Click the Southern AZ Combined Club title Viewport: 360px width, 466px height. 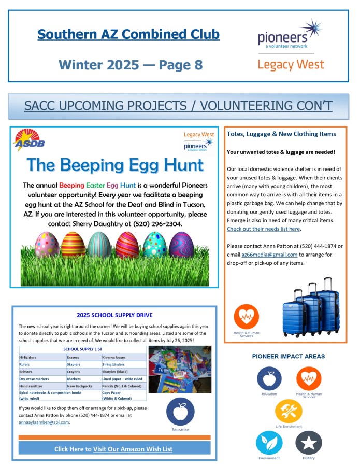[x=128, y=35]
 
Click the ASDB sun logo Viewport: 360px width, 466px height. [x=29, y=140]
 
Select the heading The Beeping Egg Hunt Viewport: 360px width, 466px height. [x=115, y=165]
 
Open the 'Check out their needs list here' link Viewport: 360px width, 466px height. [x=263, y=229]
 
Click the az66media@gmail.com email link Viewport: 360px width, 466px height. [x=269, y=255]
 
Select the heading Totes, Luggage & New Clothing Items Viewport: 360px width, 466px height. [x=281, y=134]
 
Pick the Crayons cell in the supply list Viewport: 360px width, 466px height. [x=74, y=372]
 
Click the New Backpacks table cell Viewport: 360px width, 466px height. [x=79, y=386]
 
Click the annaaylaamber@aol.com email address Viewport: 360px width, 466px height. [x=43, y=422]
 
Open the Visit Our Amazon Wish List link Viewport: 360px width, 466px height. [x=133, y=449]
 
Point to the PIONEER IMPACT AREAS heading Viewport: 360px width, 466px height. [x=289, y=356]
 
